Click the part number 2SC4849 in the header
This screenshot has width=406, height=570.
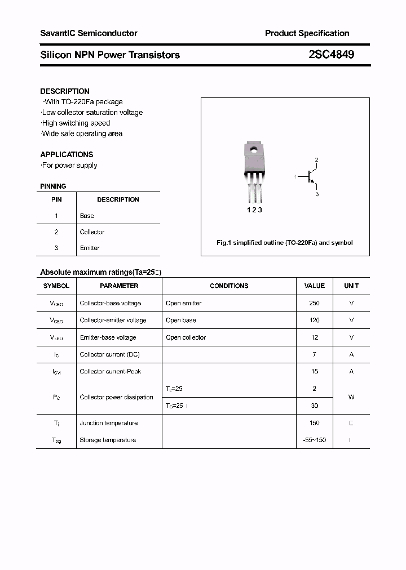click(x=331, y=55)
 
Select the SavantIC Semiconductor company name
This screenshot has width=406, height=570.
click(x=89, y=33)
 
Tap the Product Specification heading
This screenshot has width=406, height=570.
click(x=307, y=33)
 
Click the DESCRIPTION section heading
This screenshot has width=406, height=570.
click(x=65, y=91)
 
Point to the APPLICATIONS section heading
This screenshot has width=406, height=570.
click(x=67, y=154)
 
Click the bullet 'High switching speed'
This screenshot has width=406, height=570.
click(x=76, y=123)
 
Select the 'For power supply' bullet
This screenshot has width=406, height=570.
click(x=69, y=165)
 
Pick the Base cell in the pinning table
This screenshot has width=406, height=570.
click(x=87, y=216)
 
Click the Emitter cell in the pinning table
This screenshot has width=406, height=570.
click(x=90, y=248)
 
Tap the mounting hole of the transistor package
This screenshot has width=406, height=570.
click(x=254, y=150)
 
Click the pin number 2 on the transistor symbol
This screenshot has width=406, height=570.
click(x=317, y=160)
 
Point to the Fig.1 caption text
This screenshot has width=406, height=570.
click(x=285, y=243)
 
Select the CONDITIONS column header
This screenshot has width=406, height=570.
click(x=229, y=286)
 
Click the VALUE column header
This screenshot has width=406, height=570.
click(x=314, y=286)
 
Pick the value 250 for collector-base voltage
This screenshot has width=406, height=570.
click(x=314, y=303)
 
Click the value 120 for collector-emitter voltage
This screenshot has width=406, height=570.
click(x=314, y=320)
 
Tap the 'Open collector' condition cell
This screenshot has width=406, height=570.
click(x=186, y=337)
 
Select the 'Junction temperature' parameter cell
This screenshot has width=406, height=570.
click(x=108, y=423)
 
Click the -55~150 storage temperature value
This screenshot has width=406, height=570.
click(x=314, y=440)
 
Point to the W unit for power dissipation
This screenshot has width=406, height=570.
click(x=351, y=397)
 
